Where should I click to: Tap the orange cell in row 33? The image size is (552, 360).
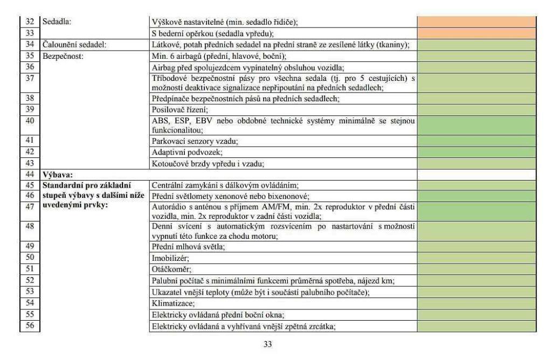pyautogui.click(x=477, y=33)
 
